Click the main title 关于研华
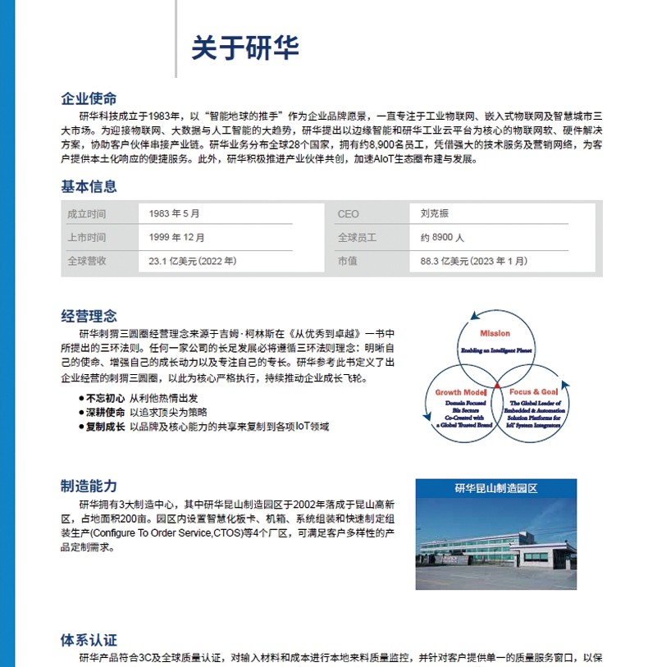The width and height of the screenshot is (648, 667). [244, 47]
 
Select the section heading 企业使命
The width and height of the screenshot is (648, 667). [89, 99]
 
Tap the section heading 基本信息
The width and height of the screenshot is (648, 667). [89, 186]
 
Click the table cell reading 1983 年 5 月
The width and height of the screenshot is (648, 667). [174, 214]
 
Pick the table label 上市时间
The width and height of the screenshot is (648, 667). [86, 238]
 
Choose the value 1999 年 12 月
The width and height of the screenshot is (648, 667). [176, 238]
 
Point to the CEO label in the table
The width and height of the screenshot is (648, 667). [348, 214]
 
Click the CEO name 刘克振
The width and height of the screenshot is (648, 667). [435, 214]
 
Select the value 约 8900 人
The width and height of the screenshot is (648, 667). [442, 238]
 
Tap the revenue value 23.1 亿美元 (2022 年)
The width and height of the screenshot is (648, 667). [192, 262]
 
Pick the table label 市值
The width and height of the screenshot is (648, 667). [347, 262]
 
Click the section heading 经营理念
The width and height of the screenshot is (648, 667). [89, 316]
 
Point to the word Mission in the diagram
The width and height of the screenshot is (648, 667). [495, 334]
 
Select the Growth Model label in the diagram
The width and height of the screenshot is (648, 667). [460, 393]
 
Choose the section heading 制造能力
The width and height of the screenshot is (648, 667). [89, 486]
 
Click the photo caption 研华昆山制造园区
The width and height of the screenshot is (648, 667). [495, 488]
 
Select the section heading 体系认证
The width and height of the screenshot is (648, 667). [89, 639]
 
